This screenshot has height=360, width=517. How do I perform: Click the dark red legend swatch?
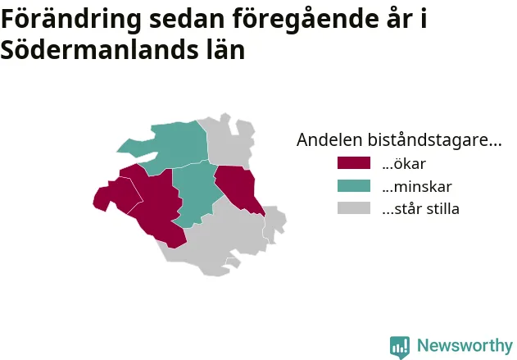[x=354, y=163]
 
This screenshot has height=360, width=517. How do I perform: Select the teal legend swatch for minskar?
[x=354, y=186]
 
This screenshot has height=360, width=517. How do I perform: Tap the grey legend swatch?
[x=354, y=208]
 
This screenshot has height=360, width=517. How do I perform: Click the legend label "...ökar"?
[x=404, y=164]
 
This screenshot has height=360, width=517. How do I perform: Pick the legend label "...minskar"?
[x=417, y=186]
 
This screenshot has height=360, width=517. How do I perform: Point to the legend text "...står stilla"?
[x=420, y=209]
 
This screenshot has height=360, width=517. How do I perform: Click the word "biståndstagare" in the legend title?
[x=434, y=140]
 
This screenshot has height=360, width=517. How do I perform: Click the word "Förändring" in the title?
[x=71, y=20]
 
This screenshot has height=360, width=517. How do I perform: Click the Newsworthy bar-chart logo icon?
[x=400, y=348]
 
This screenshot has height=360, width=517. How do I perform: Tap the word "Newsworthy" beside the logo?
[x=465, y=345]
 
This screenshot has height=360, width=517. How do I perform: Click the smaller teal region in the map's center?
[x=196, y=194]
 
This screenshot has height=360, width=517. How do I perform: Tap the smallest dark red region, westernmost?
[x=117, y=194]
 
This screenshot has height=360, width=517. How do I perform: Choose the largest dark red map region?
[x=155, y=204]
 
